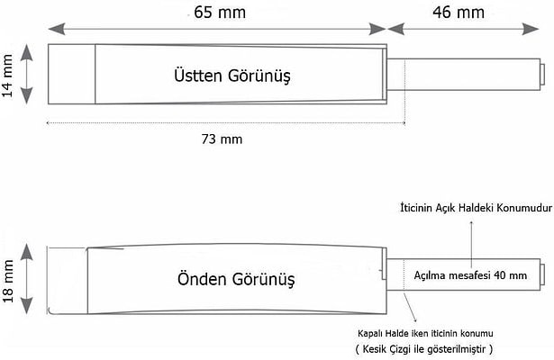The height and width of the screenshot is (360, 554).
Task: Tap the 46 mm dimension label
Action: coord(459,13)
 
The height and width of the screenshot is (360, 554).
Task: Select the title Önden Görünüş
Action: coord(233,274)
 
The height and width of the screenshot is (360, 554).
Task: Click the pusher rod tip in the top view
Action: coord(540,73)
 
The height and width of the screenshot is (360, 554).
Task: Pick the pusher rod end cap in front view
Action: coord(540,273)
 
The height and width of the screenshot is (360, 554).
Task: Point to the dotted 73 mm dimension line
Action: coord(225,123)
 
